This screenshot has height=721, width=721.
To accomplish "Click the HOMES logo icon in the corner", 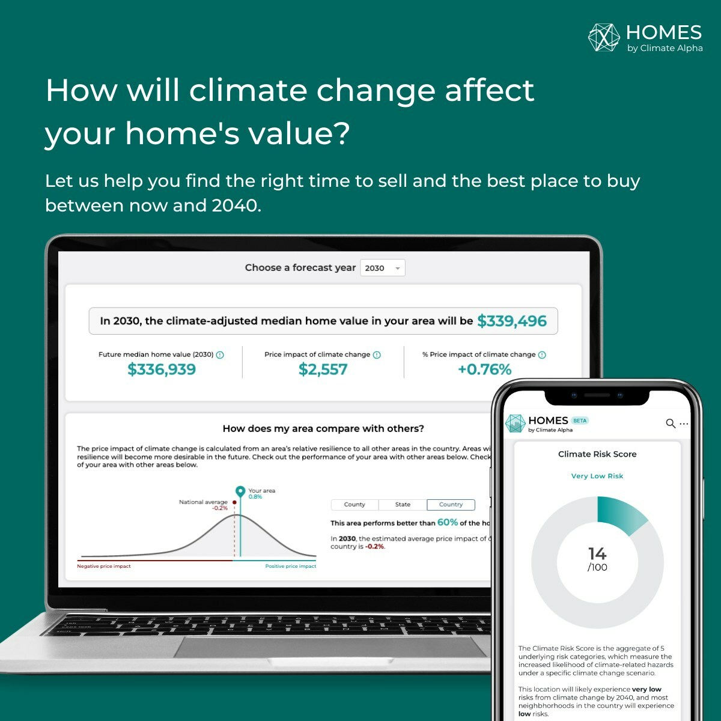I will click(x=604, y=37).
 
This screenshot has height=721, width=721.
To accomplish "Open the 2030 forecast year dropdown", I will click(x=383, y=268).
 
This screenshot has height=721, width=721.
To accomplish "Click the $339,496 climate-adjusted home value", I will click(x=512, y=321).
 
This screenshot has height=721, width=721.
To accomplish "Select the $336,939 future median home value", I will click(x=162, y=370).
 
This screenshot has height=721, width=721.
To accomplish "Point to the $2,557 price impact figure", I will click(x=323, y=370).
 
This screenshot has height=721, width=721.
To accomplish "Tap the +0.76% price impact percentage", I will click(x=484, y=370).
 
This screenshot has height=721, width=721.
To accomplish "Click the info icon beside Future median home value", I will click(x=220, y=355).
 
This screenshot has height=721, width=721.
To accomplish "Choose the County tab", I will click(x=354, y=505).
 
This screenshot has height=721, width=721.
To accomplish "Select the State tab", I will click(x=403, y=505).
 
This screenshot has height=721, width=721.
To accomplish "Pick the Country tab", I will click(x=451, y=505).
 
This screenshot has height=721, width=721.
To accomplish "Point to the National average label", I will click(x=203, y=502).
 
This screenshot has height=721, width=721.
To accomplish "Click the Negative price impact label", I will click(x=104, y=566).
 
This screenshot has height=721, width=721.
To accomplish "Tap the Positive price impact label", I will click(x=290, y=566).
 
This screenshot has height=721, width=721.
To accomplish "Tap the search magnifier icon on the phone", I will click(x=671, y=424).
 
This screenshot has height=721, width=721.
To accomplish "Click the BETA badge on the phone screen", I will click(x=580, y=421).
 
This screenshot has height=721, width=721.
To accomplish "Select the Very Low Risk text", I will click(x=597, y=476).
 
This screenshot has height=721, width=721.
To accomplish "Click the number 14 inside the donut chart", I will click(x=597, y=553).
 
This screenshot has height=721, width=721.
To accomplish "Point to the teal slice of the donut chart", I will click(x=619, y=514).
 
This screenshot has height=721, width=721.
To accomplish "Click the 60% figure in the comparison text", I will click(x=448, y=522).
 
